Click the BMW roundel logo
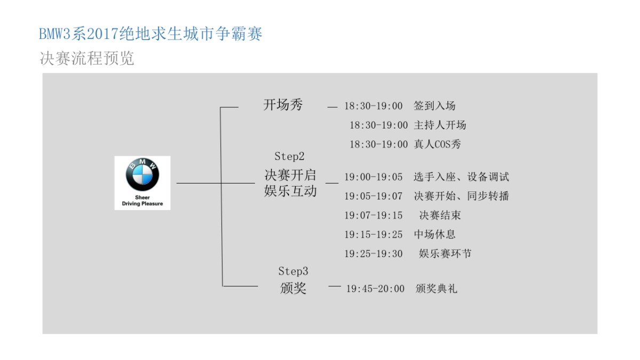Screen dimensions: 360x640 pyautogui.click(x=142, y=175)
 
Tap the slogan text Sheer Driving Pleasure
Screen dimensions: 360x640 pyautogui.click(x=142, y=201)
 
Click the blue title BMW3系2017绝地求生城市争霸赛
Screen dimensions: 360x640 pyautogui.click(x=151, y=34)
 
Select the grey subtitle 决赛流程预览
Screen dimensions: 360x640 pyautogui.click(x=87, y=58)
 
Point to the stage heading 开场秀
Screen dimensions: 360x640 pyautogui.click(x=283, y=105)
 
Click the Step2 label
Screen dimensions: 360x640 pyautogui.click(x=290, y=156)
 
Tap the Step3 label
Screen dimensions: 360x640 pyautogui.click(x=293, y=271)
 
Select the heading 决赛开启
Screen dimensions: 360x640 pyautogui.click(x=290, y=175)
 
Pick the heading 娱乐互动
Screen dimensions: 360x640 pyautogui.click(x=290, y=191)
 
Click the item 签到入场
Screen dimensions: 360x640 pyautogui.click(x=435, y=106)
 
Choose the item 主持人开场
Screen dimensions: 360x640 pyautogui.click(x=440, y=125)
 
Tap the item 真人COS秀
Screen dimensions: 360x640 pyautogui.click(x=437, y=144)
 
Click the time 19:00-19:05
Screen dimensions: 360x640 pyautogui.click(x=373, y=177)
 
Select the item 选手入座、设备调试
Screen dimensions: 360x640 pyautogui.click(x=461, y=177)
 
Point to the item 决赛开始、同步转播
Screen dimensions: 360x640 pyautogui.click(x=461, y=196)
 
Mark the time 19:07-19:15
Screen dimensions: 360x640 pyautogui.click(x=373, y=215)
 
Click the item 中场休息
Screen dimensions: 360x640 pyautogui.click(x=435, y=235)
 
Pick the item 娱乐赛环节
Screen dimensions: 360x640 pyautogui.click(x=445, y=254)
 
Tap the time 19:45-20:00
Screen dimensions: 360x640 pyautogui.click(x=375, y=289)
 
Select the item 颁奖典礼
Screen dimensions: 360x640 pyautogui.click(x=436, y=289)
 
